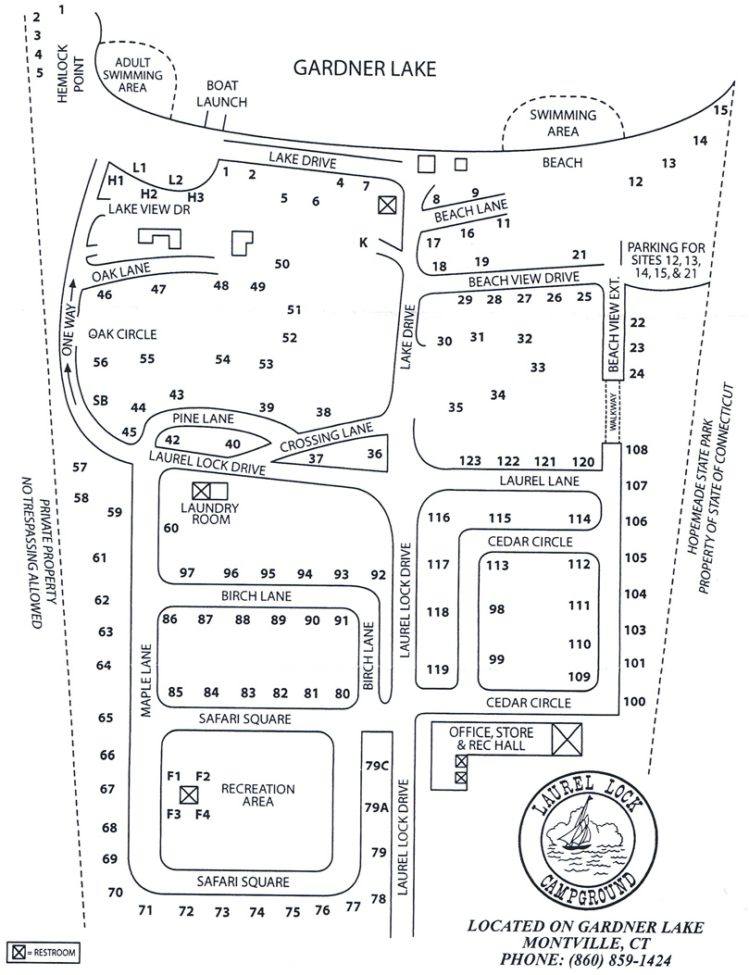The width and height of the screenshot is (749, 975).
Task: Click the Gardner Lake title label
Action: [x=364, y=69]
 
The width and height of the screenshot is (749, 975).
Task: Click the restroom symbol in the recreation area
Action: [x=189, y=794]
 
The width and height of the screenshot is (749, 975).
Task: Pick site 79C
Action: [x=375, y=765]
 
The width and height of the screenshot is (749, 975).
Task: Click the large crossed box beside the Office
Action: [x=567, y=739]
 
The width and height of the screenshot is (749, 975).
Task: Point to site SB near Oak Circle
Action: [x=102, y=400]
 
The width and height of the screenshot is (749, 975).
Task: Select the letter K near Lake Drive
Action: [x=364, y=244]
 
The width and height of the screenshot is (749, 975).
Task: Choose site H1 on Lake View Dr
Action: [x=116, y=180]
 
